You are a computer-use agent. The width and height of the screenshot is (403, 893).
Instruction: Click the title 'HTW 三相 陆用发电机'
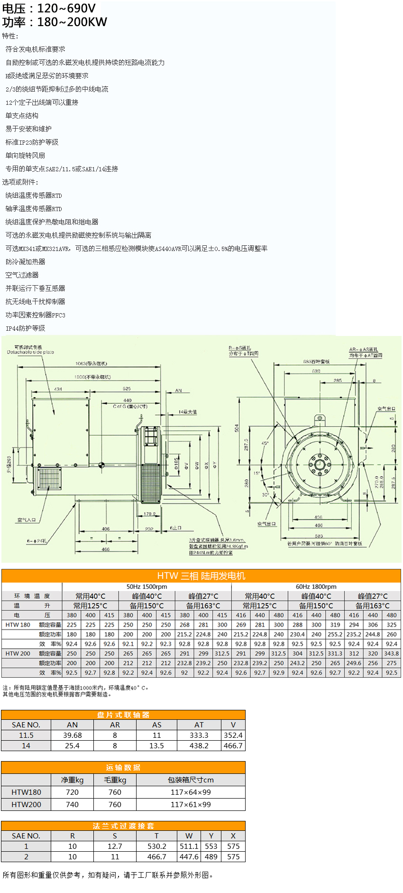coord(201,576)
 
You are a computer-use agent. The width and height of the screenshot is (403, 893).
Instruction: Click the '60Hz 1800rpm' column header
coord(316,586)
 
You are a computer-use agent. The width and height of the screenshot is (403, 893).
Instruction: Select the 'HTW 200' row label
coord(18,653)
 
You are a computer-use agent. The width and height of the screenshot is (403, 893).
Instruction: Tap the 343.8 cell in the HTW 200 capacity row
coord(391,653)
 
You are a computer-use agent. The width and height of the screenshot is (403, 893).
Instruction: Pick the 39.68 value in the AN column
coord(73,735)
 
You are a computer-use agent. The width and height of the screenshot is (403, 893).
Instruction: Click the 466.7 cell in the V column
coord(233,745)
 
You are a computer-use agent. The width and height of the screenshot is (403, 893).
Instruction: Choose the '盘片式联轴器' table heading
coord(123,715)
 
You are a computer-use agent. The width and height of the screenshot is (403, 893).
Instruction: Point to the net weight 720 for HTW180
coord(73,792)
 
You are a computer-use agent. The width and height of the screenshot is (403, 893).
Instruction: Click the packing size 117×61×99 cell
coord(191,804)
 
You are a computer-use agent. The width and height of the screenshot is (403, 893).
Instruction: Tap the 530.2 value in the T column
coord(156,846)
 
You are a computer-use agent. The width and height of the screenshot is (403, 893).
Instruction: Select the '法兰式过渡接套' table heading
coord(123,826)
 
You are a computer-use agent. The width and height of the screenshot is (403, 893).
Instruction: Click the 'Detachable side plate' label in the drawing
coord(30,352)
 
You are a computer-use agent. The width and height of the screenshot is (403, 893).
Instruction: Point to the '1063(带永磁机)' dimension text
coord(91,363)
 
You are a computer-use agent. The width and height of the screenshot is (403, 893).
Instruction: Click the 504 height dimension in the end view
coord(237,428)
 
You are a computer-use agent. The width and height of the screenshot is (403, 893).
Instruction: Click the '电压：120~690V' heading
coord(49,8)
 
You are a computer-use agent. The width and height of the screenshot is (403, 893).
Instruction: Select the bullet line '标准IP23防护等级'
coord(32,142)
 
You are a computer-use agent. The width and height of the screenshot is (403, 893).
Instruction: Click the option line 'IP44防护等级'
coord(25,328)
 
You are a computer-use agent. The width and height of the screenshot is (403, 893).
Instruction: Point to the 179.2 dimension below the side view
coord(149,514)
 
